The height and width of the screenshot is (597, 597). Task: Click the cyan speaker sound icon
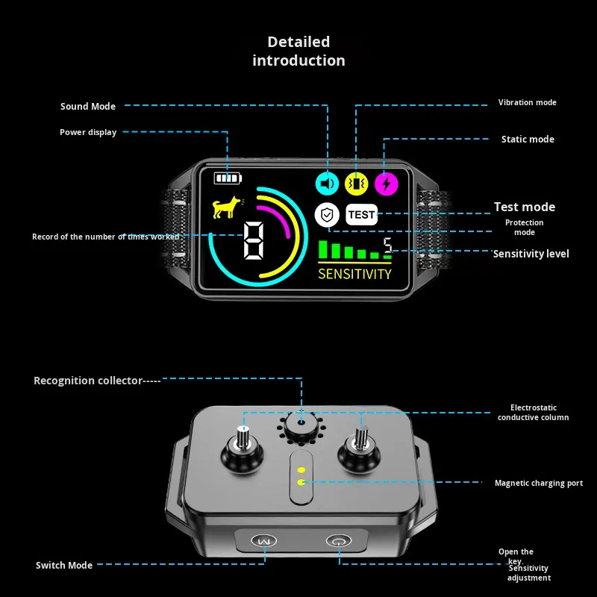pos(328,183)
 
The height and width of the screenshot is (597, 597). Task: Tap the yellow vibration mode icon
pos(357,183)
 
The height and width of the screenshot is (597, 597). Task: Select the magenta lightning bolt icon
pos(386,183)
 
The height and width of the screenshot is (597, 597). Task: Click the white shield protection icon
pos(327,215)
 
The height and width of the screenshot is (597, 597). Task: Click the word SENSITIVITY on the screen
pos(354,274)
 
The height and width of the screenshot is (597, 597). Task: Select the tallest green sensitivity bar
pos(323,249)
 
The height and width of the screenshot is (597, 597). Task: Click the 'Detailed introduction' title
pos(298,51)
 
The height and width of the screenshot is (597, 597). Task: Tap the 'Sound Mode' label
pos(88,107)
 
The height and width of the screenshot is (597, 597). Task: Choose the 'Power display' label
pos(88,132)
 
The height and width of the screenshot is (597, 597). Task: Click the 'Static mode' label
pos(528,140)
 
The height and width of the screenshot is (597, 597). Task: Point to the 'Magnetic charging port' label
pos(539,484)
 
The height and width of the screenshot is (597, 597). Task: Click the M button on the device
pos(261,541)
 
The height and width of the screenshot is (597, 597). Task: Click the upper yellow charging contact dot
pos(301,470)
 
